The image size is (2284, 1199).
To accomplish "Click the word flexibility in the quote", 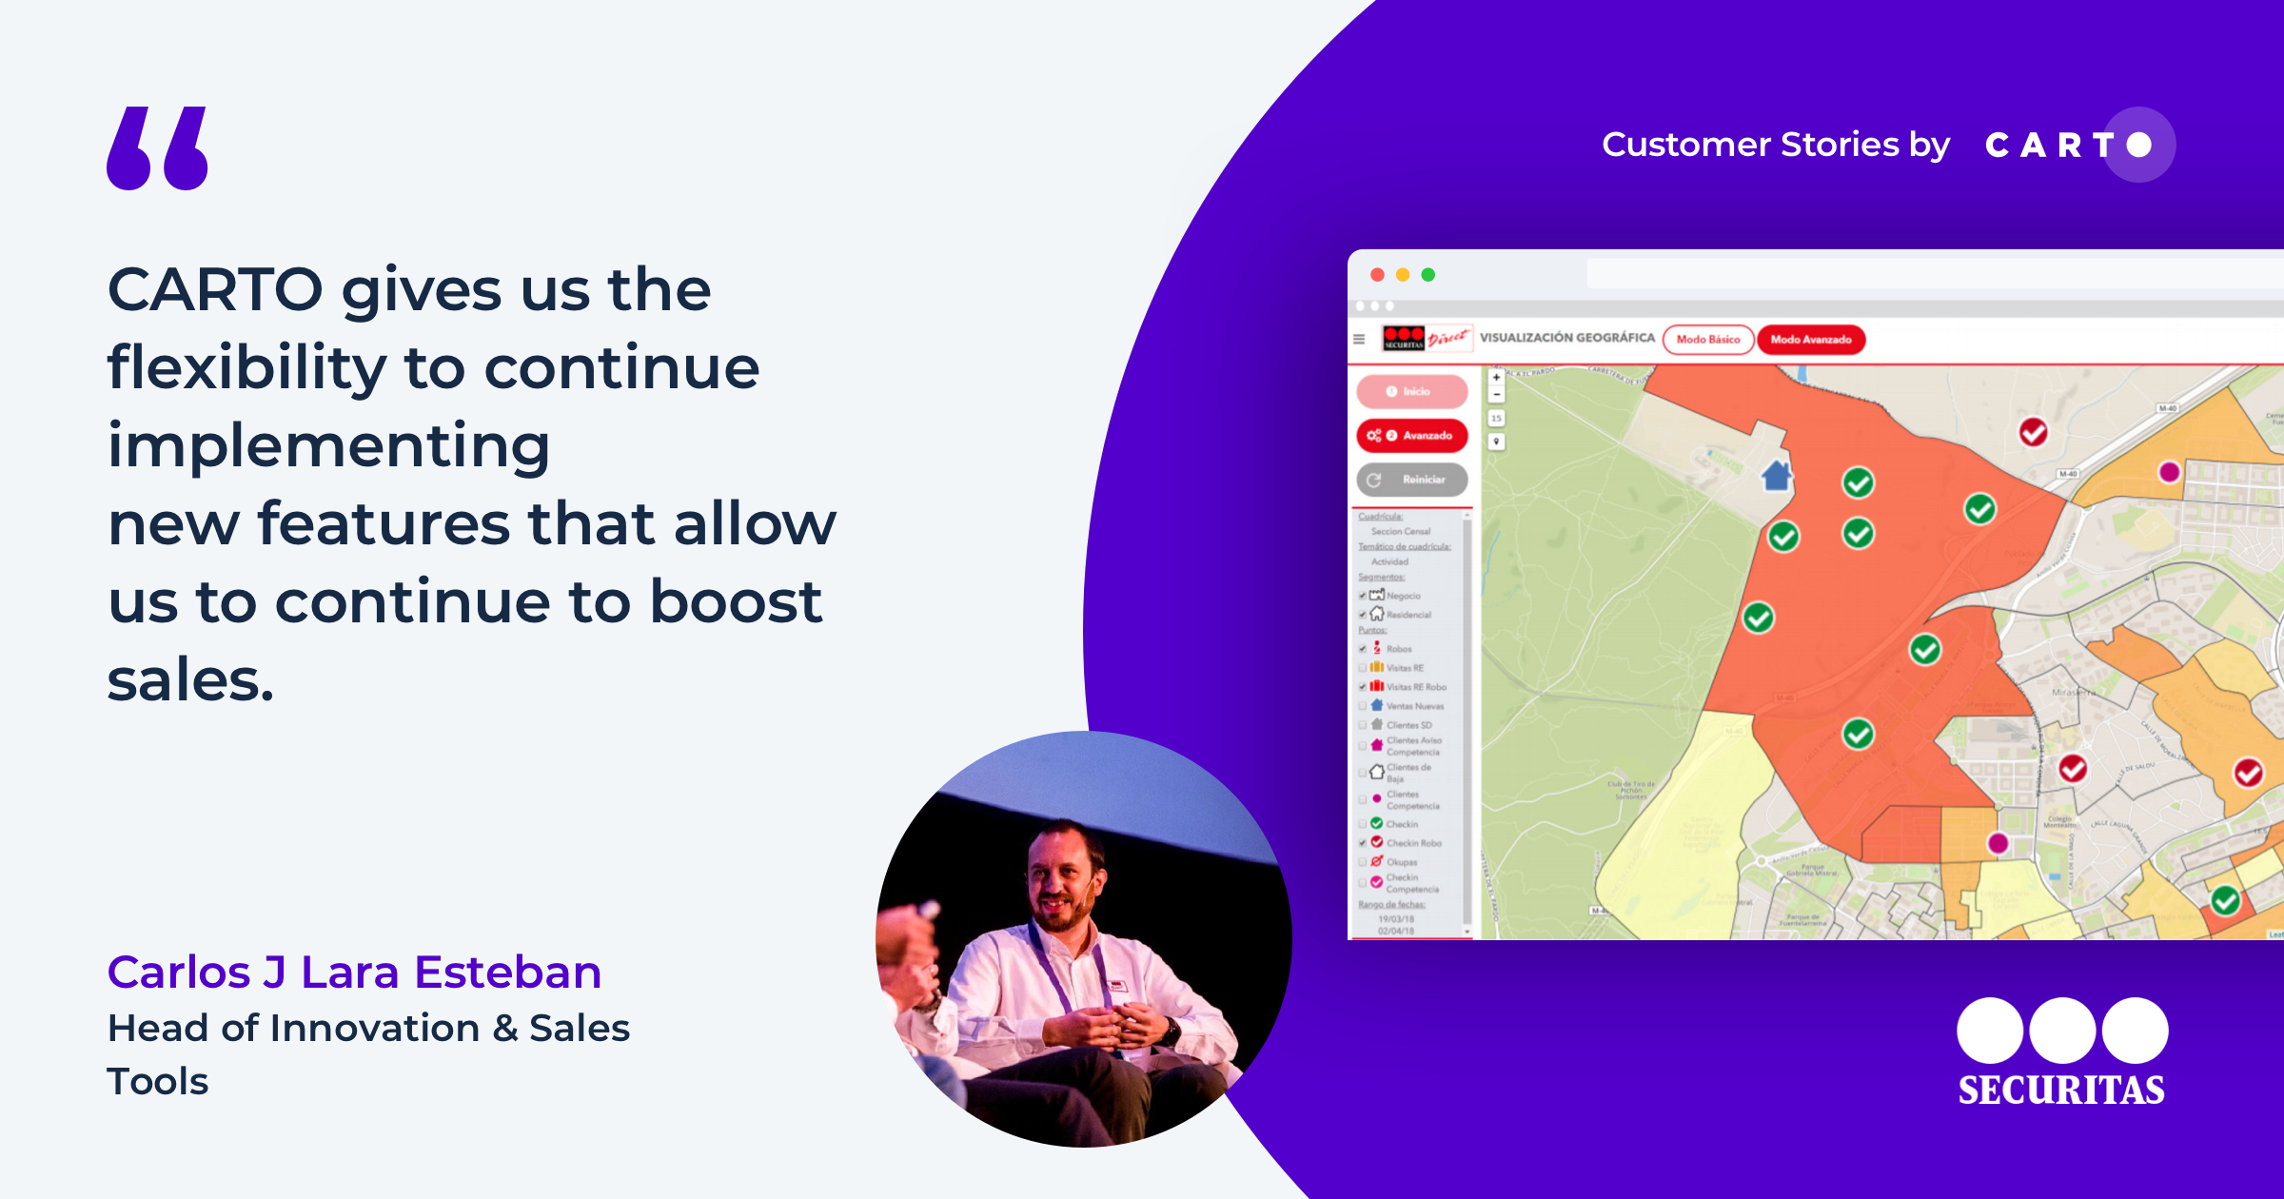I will pyautogui.click(x=246, y=367).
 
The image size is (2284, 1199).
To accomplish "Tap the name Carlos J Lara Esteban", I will pyautogui.click(x=354, y=972).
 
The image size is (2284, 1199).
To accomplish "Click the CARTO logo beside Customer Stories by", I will pyautogui.click(x=2078, y=145).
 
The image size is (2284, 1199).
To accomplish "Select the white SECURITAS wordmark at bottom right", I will pyautogui.click(x=2061, y=1090).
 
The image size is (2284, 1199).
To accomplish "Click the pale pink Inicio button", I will pyautogui.click(x=1412, y=391).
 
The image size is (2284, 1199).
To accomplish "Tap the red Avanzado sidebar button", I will pyautogui.click(x=1412, y=435).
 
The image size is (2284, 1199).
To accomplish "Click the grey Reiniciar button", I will pyautogui.click(x=1412, y=480).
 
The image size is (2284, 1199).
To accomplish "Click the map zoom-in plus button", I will pyautogui.click(x=1496, y=377).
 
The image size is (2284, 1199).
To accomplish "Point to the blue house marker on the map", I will pyautogui.click(x=1776, y=474).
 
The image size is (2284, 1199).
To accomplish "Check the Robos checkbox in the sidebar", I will pyautogui.click(x=1363, y=649).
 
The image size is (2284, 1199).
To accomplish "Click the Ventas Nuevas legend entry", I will pyautogui.click(x=1414, y=706).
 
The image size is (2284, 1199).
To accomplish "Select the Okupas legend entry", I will pyautogui.click(x=1401, y=862).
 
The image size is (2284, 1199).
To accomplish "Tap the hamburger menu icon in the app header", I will pyautogui.click(x=1359, y=339).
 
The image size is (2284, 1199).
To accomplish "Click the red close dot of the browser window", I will pyautogui.click(x=1377, y=275).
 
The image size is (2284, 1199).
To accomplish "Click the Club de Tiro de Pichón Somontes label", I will pyautogui.click(x=1631, y=790).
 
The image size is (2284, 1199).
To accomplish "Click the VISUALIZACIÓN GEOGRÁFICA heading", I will pyautogui.click(x=1566, y=338).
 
